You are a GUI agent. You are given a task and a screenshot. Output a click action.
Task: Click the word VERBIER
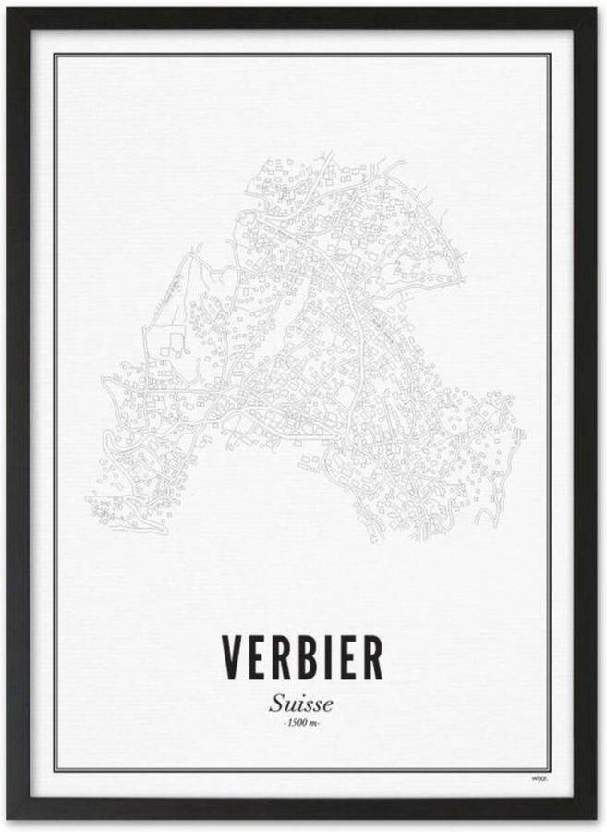[x=302, y=658]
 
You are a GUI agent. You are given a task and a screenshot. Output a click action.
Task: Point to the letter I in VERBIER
[x=328, y=658]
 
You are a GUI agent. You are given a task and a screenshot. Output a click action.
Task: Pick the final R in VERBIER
[x=370, y=658]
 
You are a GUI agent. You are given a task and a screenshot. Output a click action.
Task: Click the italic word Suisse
[x=302, y=703]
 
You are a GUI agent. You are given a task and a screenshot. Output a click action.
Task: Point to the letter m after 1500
[x=315, y=722]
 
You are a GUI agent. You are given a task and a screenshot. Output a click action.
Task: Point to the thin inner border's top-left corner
[x=55, y=54]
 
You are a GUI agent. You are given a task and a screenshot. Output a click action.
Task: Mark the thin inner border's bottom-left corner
[x=55, y=770]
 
